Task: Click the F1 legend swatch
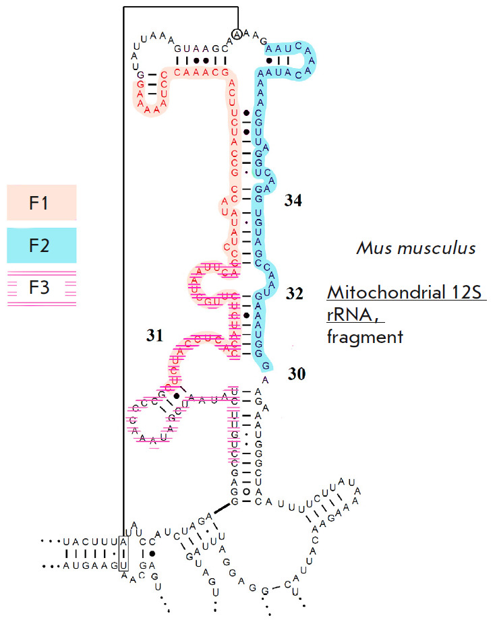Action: (42, 202)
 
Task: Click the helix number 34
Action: (293, 200)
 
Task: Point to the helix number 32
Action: (294, 294)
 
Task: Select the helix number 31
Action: (155, 336)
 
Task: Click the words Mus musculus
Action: (415, 249)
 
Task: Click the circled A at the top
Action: (236, 34)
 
